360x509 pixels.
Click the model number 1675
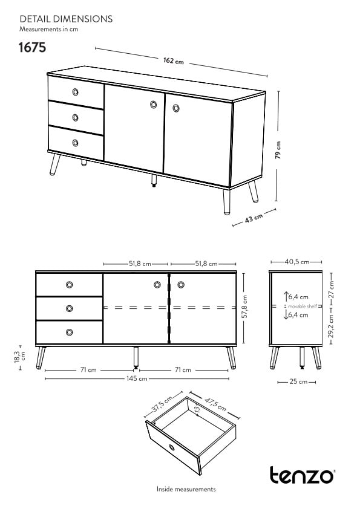click(32, 47)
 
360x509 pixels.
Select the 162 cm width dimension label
click(174, 60)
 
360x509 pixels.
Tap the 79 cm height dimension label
click(278, 150)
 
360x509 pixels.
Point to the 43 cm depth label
click(254, 218)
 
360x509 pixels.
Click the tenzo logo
click(302, 475)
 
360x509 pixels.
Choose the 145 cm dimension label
click(137, 378)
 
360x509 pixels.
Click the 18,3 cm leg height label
click(20, 357)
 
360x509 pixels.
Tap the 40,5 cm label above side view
click(296, 262)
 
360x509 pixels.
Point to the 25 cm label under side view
click(298, 382)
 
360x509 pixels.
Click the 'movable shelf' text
click(302, 306)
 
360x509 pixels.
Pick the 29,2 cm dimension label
click(331, 326)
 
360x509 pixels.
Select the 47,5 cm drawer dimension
click(215, 405)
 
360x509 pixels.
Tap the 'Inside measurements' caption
click(186, 489)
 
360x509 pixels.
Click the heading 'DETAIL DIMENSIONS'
click(66, 19)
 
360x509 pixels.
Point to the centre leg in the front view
click(136, 357)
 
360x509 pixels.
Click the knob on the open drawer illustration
click(172, 449)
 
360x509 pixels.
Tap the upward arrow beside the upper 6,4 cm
click(286, 296)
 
